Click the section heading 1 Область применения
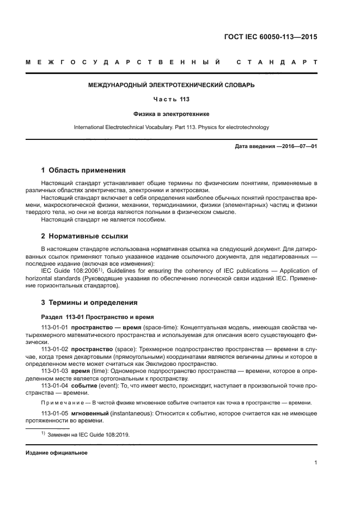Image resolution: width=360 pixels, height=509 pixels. coord(83,170)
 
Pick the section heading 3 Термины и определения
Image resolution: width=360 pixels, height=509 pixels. coord(90,303)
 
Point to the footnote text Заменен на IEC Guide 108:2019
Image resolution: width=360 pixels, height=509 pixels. coord(88,434)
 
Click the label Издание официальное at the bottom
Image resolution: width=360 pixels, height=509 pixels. coord(57,453)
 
